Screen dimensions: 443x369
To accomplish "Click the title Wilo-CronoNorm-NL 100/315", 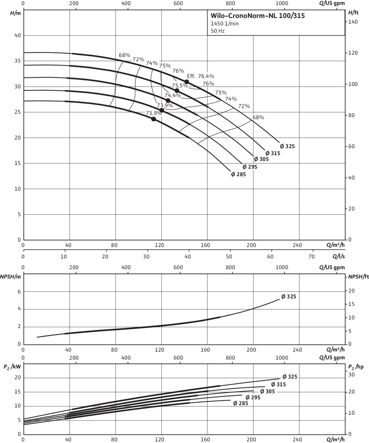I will (258, 16).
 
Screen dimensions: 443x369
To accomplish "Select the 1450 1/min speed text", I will (225, 24).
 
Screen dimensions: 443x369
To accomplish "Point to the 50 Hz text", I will (218, 31).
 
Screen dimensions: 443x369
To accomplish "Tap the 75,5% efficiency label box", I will (180, 85).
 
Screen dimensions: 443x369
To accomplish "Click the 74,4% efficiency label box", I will (173, 96).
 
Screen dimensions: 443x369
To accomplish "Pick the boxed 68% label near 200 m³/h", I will (258, 117).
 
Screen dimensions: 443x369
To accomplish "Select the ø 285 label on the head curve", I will (238, 174).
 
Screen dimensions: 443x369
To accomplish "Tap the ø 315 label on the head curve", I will (273, 153).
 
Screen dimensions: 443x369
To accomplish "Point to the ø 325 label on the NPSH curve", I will (289, 297).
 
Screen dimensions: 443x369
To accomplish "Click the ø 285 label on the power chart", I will (241, 403).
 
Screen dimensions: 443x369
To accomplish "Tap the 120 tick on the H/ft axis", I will (353, 53).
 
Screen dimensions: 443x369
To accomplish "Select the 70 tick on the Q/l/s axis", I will (311, 257).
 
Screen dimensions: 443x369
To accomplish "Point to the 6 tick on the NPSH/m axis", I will (19, 292).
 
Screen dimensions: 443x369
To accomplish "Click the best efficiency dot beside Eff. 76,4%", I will (187, 82).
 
